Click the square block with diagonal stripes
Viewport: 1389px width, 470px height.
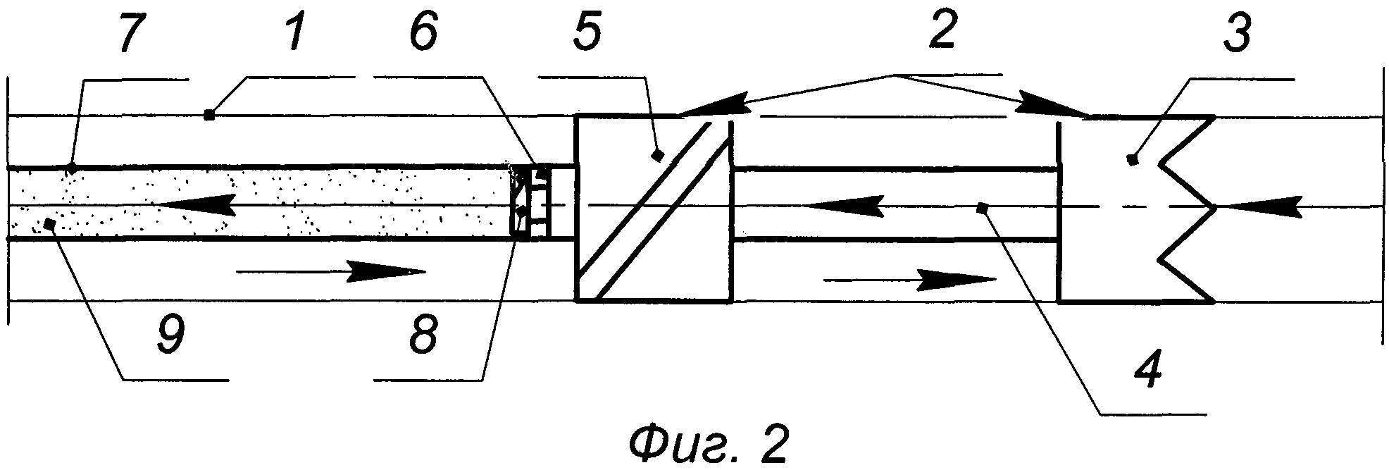pyautogui.click(x=655, y=209)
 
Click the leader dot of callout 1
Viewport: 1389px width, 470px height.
pyautogui.click(x=208, y=114)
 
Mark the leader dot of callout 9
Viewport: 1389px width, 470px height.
pyautogui.click(x=49, y=223)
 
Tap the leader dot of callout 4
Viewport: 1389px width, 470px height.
pyautogui.click(x=985, y=207)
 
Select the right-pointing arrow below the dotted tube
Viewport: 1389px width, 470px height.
pyautogui.click(x=331, y=271)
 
